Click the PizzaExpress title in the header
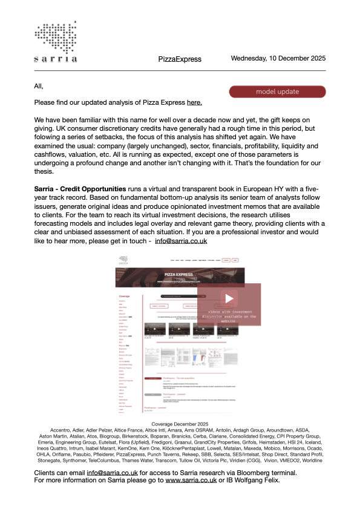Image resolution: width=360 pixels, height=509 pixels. coord(180,59)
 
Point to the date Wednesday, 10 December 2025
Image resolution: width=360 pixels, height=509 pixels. coord(278,59)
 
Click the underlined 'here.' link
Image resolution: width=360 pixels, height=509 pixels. coord(194,103)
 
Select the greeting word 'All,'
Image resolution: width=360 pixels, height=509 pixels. coord(39,86)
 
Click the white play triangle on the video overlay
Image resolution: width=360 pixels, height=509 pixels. coord(229,298)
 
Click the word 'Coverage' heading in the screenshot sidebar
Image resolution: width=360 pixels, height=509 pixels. coord(125,296)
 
